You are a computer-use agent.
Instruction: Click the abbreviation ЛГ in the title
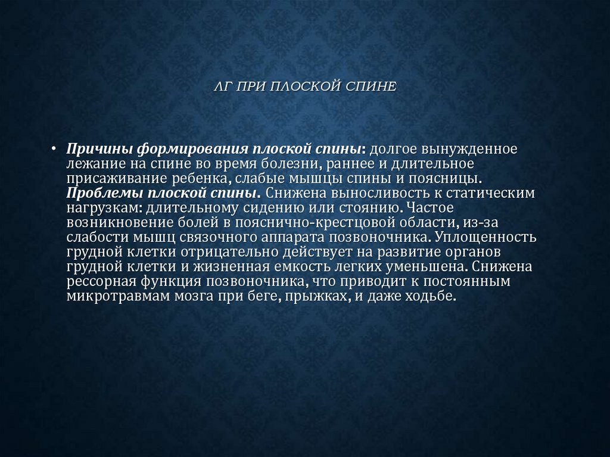tap(223, 87)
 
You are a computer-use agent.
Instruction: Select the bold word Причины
tap(99, 148)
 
